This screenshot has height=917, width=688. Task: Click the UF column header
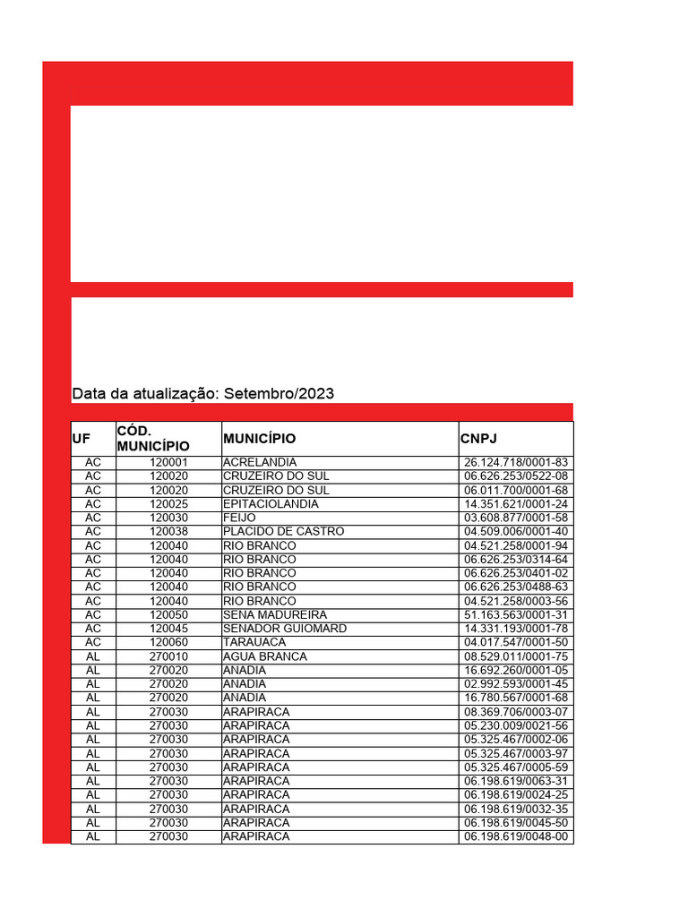(x=82, y=439)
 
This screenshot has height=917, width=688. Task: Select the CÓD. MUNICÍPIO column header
(x=153, y=438)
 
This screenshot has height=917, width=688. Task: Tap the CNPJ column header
(x=478, y=439)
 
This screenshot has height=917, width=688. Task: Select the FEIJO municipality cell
(x=239, y=518)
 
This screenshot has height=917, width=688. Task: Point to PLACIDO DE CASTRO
(x=283, y=531)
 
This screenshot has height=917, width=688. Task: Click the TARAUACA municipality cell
(x=255, y=642)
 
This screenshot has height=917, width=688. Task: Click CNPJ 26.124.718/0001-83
(x=517, y=462)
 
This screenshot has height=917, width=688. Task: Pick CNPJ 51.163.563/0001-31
(x=517, y=615)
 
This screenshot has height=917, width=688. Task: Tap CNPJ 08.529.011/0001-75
(x=517, y=656)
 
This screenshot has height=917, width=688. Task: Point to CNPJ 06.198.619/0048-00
(x=517, y=836)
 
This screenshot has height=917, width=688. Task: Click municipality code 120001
(x=169, y=462)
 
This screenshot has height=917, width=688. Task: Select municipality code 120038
(x=169, y=531)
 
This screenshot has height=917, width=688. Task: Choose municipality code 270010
(x=169, y=656)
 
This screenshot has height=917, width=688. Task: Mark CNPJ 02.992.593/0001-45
(x=517, y=684)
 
